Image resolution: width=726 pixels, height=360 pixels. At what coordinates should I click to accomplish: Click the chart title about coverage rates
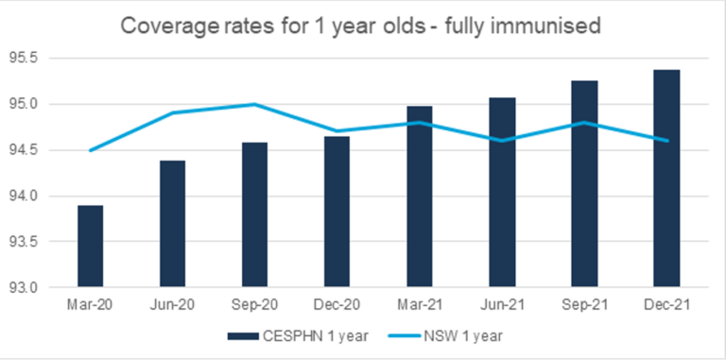pyautogui.click(x=363, y=26)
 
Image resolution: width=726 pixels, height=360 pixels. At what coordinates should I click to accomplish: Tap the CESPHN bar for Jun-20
pyautogui.click(x=172, y=224)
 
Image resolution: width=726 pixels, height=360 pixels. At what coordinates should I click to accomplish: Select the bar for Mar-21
pyautogui.click(x=419, y=197)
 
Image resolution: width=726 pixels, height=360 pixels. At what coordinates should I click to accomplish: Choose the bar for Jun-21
pyautogui.click(x=501, y=193)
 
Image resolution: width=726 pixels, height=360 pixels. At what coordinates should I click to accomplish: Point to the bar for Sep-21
pyautogui.click(x=583, y=184)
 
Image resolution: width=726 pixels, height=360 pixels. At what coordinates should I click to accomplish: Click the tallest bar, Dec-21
pyautogui.click(x=666, y=179)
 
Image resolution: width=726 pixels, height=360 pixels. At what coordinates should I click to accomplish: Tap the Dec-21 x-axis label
pyautogui.click(x=666, y=307)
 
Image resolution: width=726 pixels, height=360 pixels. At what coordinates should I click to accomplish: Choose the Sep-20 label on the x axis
pyautogui.click(x=254, y=307)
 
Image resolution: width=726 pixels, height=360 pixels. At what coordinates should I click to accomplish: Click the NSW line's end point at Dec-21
pyautogui.click(x=666, y=141)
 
